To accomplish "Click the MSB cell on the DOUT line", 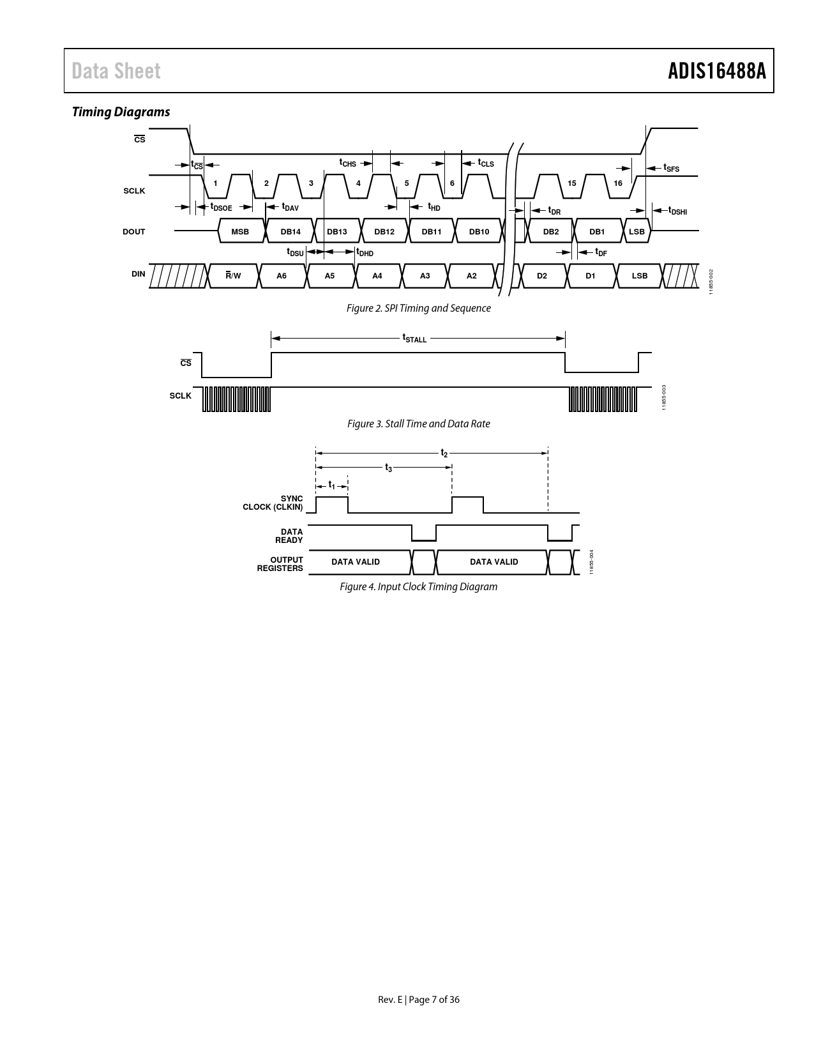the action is coord(241,231).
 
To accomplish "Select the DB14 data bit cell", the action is coord(290,231).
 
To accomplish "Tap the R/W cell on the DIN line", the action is coord(233,275).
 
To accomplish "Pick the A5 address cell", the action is coord(329,275).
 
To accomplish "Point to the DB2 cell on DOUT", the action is coord(551,231).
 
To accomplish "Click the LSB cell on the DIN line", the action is coord(640,275).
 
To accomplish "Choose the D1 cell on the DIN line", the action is coord(590,275).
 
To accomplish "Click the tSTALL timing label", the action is coord(414,338).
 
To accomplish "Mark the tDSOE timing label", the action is coord(221,207).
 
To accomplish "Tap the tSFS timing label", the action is coord(672,168).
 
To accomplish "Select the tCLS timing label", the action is coord(486,163).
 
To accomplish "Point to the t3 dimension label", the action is coord(388,468).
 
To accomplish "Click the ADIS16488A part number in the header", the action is coord(717,71).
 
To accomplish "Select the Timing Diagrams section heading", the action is coord(121,112).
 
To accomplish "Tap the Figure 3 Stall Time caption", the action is coord(418,424).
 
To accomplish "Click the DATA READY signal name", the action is coord(289,536).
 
